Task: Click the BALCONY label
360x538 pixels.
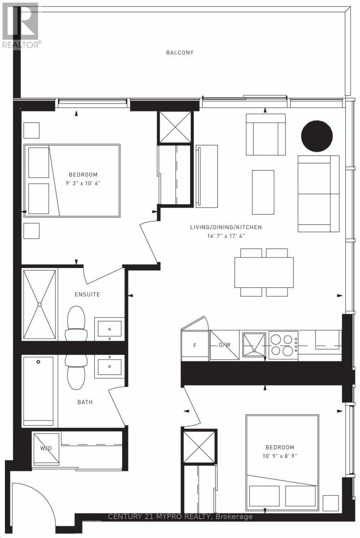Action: [180, 52]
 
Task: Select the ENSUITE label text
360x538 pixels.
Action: [87, 295]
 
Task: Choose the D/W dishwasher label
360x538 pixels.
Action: [224, 345]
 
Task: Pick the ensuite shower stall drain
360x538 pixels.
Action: [39, 304]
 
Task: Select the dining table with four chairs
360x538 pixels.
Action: [264, 272]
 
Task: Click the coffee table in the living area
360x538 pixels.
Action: [263, 192]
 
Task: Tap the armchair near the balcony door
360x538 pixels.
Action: [265, 134]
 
